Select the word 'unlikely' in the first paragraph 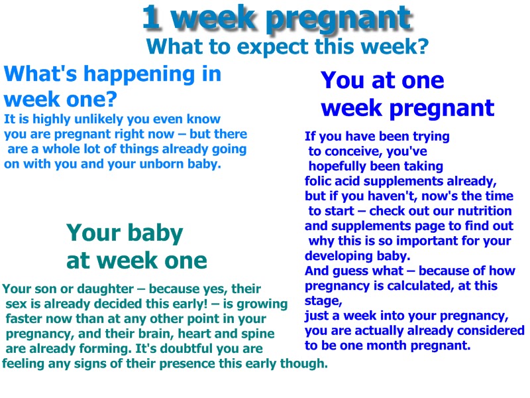95,120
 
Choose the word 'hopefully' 339,166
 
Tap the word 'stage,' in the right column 321,300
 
